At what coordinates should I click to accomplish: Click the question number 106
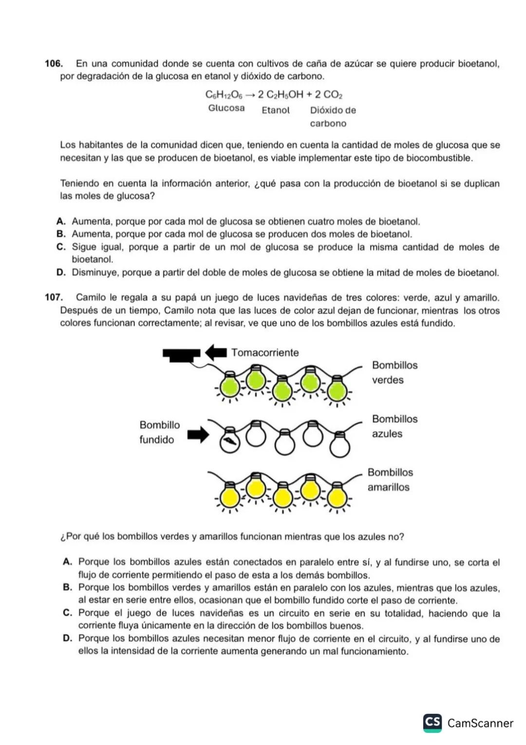click(54, 64)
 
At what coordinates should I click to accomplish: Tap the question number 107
click(54, 298)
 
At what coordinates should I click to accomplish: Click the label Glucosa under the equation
click(226, 108)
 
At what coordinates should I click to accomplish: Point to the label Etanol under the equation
click(276, 110)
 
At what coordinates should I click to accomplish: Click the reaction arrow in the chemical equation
click(249, 95)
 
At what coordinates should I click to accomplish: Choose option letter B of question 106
click(61, 235)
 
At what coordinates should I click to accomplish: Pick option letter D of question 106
click(61, 273)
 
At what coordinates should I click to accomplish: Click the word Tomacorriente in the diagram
click(265, 353)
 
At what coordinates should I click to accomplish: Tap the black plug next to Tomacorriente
click(181, 354)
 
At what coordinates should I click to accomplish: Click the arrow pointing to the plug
click(216, 352)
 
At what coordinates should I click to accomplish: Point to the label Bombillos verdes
click(394, 372)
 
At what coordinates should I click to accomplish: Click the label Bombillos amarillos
click(390, 480)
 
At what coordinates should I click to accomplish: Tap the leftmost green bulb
click(230, 387)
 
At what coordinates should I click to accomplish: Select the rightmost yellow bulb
click(336, 497)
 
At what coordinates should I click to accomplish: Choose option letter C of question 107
click(68, 613)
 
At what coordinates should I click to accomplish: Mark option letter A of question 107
click(68, 562)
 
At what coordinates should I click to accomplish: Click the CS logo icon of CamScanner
click(432, 723)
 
